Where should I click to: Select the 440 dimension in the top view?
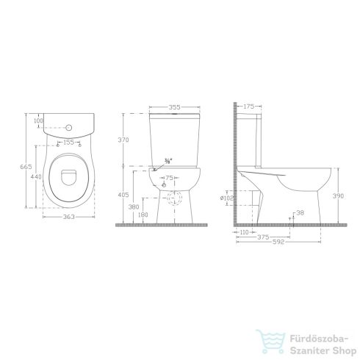(33, 176)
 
